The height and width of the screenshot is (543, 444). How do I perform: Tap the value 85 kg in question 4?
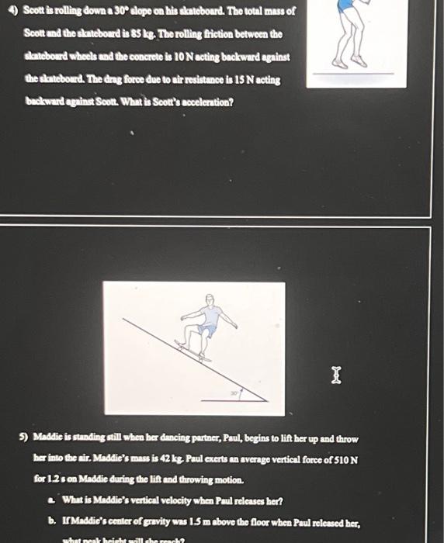pyautogui.click(x=159, y=34)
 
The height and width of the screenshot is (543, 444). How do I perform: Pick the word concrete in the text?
pyautogui.click(x=141, y=57)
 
